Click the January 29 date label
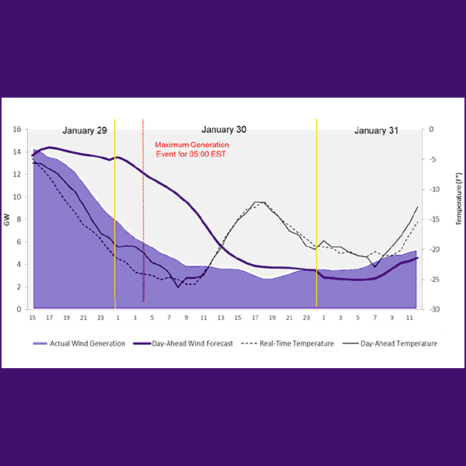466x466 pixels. [x=85, y=130]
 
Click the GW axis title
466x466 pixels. [x=7, y=220]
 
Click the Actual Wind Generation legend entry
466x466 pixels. [x=78, y=343]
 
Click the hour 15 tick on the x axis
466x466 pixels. [x=33, y=318]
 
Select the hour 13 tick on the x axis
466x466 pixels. [x=221, y=318]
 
